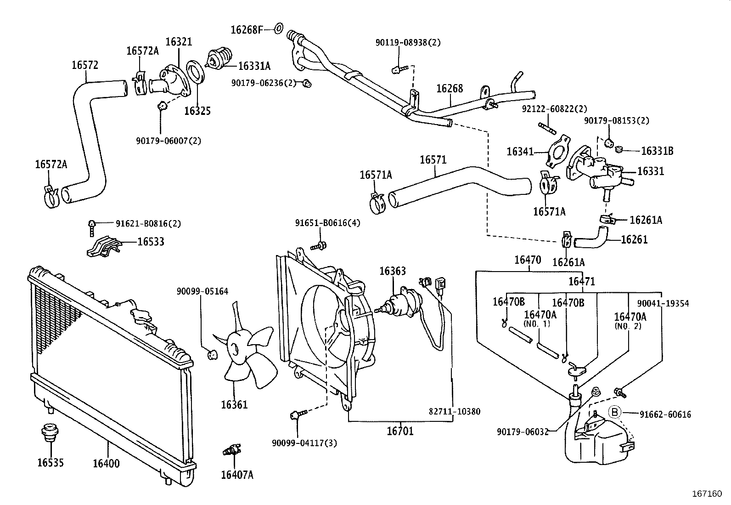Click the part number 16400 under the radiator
coord(106,463)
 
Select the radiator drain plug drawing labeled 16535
coord(47,433)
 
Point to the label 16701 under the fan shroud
coord(400,431)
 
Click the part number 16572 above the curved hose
coord(85,65)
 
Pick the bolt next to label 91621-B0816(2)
coord(92,225)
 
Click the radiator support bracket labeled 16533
coord(104,247)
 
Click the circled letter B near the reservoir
coord(614,413)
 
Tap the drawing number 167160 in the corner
coord(707,494)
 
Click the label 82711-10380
coord(455,411)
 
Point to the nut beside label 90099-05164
coord(213,354)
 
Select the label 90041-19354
coord(663,304)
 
